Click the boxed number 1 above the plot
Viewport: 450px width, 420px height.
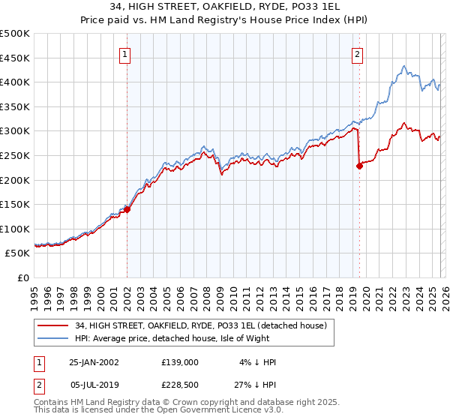point(124,53)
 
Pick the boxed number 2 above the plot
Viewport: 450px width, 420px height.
point(358,53)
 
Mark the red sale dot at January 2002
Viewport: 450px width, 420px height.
point(127,210)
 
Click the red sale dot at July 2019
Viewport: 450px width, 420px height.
point(359,166)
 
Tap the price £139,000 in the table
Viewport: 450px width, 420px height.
point(179,362)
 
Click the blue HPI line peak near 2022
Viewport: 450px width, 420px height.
point(403,66)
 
